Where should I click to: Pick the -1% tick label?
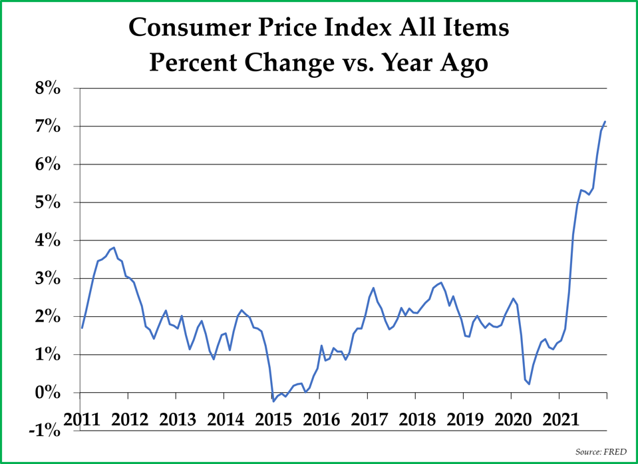click(45, 431)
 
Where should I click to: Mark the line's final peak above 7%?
click(605, 121)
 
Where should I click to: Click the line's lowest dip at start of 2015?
click(273, 401)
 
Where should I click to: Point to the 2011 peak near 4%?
click(114, 247)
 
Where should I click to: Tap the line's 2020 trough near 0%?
click(529, 383)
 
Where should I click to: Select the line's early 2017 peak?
click(373, 288)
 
